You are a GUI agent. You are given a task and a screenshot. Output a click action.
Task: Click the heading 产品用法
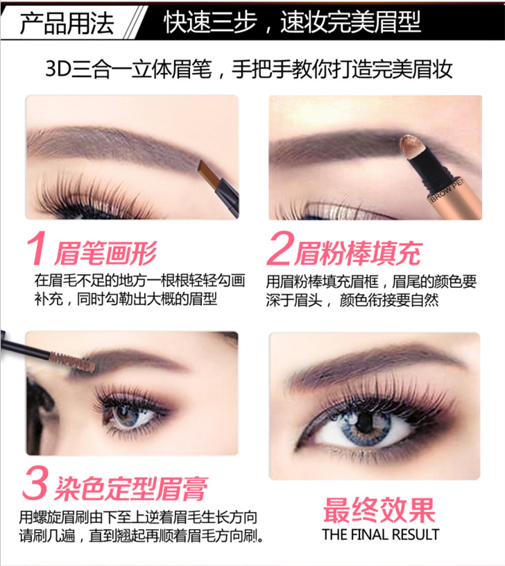coord(67,23)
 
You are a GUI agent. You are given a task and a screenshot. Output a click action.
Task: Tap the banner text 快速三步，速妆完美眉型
coord(293,22)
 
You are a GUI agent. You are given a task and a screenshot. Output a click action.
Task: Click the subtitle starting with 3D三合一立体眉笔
coord(249,69)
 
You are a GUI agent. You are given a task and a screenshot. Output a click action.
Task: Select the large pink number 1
coord(36,248)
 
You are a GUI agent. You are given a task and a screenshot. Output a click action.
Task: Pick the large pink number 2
coord(279,248)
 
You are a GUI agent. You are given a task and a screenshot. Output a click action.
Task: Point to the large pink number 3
coord(35,482)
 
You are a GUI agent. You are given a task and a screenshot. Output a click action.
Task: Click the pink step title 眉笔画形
coord(105,253)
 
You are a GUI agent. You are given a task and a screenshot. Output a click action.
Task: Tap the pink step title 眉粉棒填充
coord(357,253)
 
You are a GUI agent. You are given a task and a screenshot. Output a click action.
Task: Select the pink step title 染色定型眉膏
coord(131,488)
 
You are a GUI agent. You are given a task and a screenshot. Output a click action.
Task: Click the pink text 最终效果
coord(379,510)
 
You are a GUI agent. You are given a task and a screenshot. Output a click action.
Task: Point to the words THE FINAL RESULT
coord(380,534)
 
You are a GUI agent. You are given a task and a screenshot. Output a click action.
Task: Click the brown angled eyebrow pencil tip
coord(208,173)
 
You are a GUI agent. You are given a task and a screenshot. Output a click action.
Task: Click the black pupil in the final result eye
coord(365,421)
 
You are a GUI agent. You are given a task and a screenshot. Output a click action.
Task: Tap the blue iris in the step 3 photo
coord(127,415)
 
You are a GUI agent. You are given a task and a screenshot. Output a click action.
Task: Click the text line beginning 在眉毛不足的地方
coord(140,280)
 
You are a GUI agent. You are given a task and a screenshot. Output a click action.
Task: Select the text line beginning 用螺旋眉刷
coord(138,517)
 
